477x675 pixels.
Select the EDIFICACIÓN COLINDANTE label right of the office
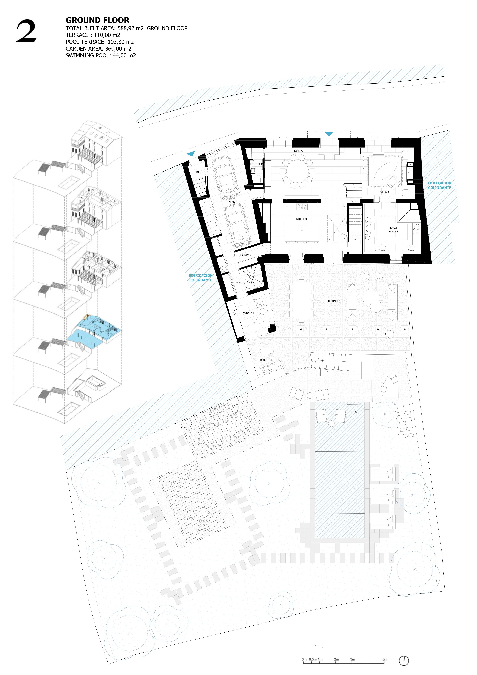tap(439, 185)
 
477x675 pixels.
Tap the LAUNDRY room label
tap(245, 255)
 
